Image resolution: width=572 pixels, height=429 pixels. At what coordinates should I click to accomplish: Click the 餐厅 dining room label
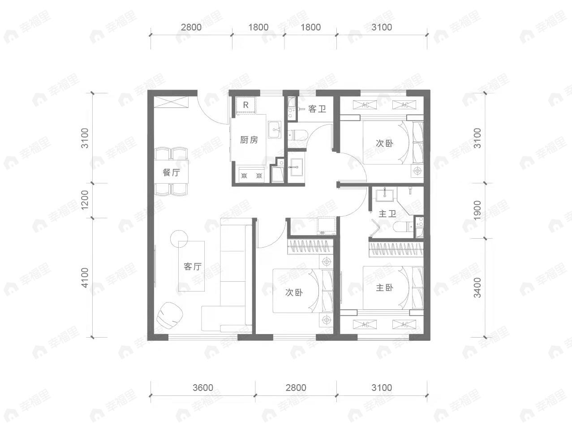coord(171,172)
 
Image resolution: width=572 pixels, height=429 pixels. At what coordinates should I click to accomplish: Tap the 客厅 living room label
coord(193,266)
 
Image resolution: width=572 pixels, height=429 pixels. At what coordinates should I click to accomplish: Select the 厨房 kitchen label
coord(249,140)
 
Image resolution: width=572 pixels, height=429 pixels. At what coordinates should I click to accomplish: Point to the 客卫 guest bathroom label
coord(317,109)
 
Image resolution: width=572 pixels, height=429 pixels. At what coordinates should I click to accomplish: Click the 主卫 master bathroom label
coord(387,214)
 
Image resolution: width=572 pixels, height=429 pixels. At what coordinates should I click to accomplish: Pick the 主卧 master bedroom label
coord(384,287)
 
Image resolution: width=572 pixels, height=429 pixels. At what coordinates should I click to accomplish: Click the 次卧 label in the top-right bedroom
coord(384,143)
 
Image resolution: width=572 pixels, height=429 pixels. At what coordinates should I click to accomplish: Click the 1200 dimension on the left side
coord(85,200)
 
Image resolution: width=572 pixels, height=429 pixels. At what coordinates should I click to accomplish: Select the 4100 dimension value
coord(85,278)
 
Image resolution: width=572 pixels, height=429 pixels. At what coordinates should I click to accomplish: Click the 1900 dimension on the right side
coord(477,210)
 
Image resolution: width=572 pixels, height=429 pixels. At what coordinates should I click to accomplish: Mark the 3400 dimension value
coord(477,287)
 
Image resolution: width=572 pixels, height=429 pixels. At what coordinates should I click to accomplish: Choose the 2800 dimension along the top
coord(191,27)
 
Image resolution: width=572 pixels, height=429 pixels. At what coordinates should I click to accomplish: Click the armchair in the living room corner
coord(170,316)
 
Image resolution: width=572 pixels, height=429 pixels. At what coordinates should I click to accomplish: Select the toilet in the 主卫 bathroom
coord(403,227)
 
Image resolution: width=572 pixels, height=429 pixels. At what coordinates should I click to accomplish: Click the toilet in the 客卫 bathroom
coord(298,135)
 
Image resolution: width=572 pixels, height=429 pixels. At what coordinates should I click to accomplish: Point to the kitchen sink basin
coord(275,129)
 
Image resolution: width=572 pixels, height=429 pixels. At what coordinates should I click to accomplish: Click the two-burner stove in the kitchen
coord(251,176)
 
